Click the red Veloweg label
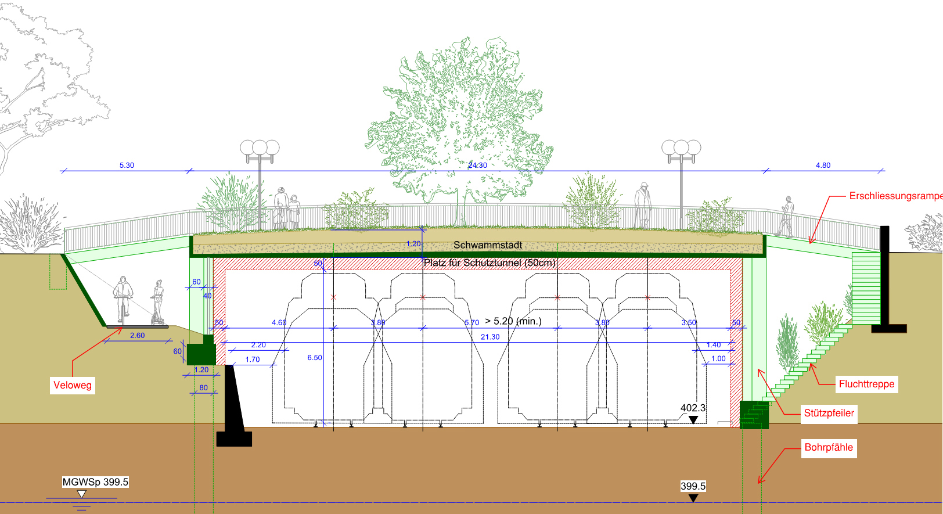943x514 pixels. [x=73, y=385]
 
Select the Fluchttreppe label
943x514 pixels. [x=866, y=384]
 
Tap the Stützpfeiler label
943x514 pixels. [x=829, y=413]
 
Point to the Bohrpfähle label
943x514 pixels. [x=829, y=447]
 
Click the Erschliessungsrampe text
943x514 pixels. [x=894, y=196]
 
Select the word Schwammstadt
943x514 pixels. [x=488, y=245]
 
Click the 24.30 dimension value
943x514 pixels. [x=477, y=166]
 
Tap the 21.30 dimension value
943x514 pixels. [x=490, y=337]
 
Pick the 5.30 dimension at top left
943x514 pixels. [x=127, y=166]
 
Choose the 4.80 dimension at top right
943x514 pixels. [x=823, y=166]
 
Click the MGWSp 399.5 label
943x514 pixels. [x=95, y=482]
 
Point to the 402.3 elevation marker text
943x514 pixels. [x=693, y=408]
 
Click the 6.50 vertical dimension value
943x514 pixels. [x=315, y=358]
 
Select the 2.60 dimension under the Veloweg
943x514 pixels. [x=137, y=336]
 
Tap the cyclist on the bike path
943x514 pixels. [x=123, y=299]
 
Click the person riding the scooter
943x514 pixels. [x=157, y=302]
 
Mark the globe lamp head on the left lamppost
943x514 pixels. [x=260, y=148]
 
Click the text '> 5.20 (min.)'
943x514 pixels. [x=513, y=321]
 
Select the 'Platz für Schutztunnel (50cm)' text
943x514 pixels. [x=490, y=263]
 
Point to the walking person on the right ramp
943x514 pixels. [x=786, y=216]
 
